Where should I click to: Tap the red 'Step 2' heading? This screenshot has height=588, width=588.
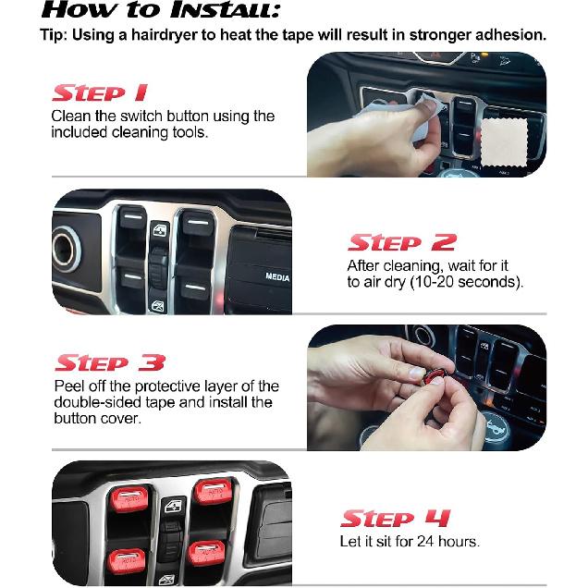point(400,243)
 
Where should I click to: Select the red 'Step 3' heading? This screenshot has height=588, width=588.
point(110,362)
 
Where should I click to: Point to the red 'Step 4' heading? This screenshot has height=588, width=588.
point(396,518)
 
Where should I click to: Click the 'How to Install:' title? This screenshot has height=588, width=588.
point(163,11)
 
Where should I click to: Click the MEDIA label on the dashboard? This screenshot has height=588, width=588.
point(277,276)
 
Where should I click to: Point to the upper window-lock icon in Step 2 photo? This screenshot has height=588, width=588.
point(162,232)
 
